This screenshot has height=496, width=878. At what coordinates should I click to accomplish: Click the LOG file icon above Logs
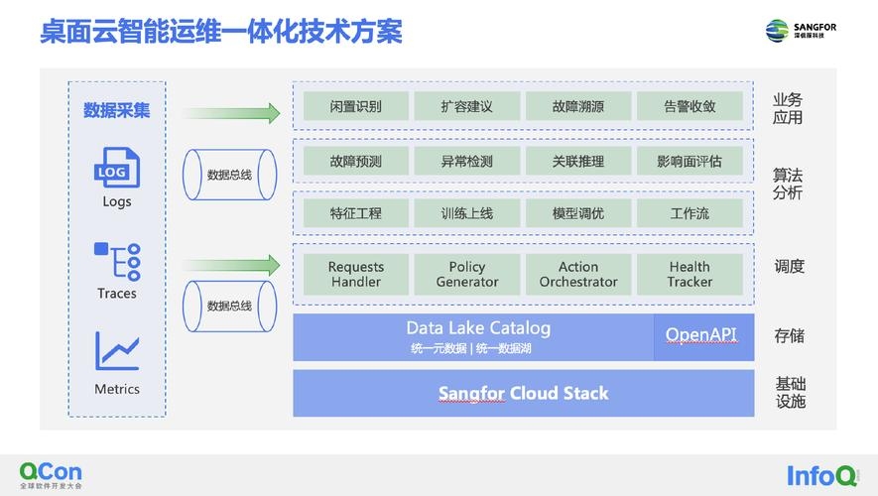click(x=116, y=168)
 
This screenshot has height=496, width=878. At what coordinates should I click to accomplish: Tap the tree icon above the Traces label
click(x=116, y=260)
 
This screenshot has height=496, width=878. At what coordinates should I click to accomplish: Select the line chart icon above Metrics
click(x=116, y=351)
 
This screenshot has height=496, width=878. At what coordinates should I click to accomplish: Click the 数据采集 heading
click(x=116, y=110)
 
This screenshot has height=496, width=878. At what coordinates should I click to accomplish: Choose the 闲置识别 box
click(x=355, y=106)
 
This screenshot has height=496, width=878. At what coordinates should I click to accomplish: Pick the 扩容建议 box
click(x=466, y=106)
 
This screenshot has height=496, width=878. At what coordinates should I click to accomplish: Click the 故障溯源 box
click(x=577, y=106)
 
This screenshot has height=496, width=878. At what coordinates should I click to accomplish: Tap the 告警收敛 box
click(x=689, y=106)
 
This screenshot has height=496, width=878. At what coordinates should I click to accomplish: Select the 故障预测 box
click(x=355, y=161)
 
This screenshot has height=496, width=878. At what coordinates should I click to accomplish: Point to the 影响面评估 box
click(x=689, y=161)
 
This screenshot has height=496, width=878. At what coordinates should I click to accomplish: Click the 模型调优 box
click(x=577, y=213)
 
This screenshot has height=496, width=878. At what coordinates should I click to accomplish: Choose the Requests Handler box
click(x=355, y=274)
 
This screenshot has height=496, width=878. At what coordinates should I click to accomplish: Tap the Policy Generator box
click(x=466, y=274)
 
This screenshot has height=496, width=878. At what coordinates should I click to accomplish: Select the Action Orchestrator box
click(x=577, y=274)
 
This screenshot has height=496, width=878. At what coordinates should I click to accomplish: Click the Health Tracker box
click(x=689, y=274)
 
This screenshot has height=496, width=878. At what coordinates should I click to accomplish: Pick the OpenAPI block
click(x=701, y=335)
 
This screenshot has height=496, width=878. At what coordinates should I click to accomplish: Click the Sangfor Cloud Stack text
click(x=523, y=394)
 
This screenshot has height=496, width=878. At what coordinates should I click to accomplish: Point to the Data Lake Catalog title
click(x=477, y=328)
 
